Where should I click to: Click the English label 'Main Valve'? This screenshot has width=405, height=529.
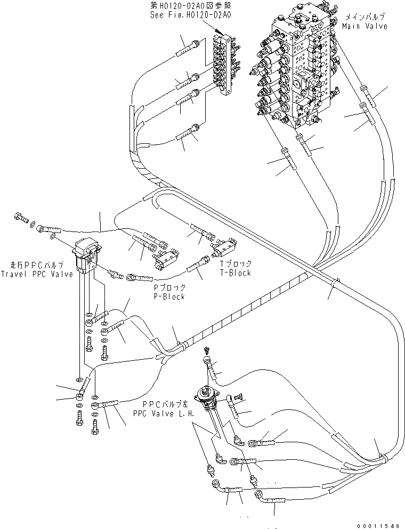(365, 26)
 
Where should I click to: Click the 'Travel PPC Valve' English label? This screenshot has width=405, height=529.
(36, 274)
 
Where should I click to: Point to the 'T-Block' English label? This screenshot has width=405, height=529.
(236, 273)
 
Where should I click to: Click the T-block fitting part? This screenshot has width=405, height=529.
(224, 248)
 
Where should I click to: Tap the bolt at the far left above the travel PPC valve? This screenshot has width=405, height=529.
(20, 216)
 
